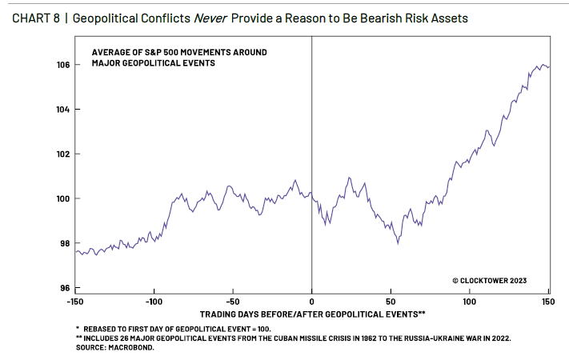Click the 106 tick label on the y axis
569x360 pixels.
pos(63,65)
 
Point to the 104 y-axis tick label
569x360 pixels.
pos(63,110)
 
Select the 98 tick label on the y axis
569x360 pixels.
pos(65,243)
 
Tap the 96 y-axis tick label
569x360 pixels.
pos(65,288)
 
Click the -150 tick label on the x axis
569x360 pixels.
pos(75,301)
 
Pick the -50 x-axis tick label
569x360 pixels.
pos(231,301)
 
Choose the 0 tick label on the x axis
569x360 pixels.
pos(311,301)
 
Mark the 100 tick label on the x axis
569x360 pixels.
pos(469,301)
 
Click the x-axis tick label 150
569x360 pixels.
pos(548,301)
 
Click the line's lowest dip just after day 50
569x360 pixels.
pos(398,242)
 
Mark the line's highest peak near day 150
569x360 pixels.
pos(543,65)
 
